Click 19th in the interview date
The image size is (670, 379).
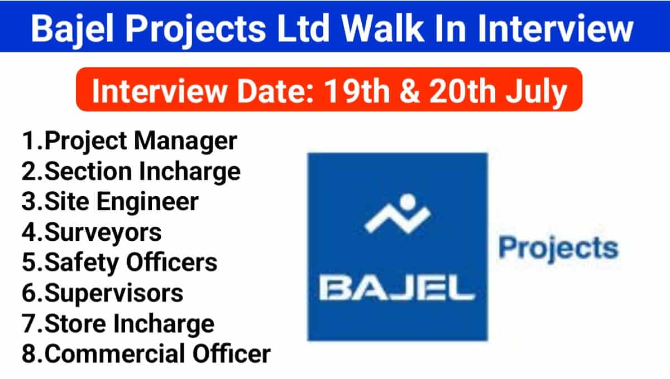[357, 90]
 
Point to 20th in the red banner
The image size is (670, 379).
[462, 90]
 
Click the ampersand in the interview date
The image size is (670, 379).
[409, 91]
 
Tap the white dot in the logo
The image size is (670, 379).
[408, 202]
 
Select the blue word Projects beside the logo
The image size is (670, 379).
[558, 249]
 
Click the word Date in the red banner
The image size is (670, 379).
[275, 91]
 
